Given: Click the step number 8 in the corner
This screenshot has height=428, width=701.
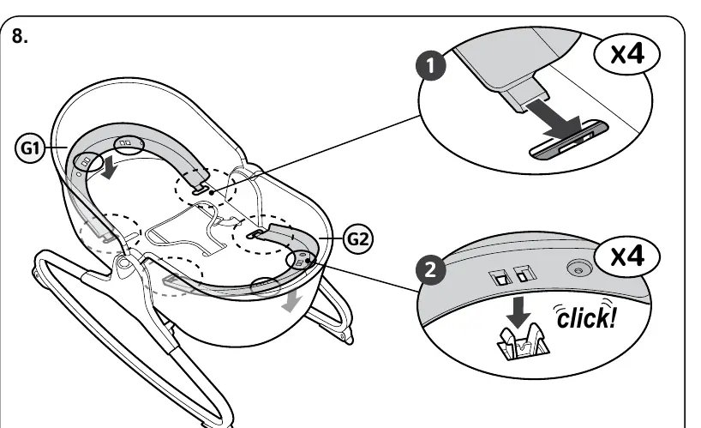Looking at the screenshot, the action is coord(19,36).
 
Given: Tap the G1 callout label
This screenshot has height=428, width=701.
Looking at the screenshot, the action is coord(30,148).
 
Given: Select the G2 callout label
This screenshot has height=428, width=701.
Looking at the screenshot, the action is coord(358,239).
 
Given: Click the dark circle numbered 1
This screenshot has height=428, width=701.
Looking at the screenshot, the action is coord(431,66).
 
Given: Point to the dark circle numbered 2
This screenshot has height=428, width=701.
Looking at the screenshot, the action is coord(430,269).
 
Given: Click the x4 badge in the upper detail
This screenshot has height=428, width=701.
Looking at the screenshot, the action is coord(626,54).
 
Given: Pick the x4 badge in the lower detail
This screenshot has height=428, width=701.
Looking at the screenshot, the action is coord(626,256).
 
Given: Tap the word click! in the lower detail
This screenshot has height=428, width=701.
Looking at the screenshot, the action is coord(586,316).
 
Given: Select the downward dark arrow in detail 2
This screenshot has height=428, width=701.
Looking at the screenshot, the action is coord(518,311).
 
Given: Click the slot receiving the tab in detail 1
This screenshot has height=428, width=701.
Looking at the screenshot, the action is coord(570,140).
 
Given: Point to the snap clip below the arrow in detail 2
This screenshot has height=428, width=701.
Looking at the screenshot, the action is coord(523,343).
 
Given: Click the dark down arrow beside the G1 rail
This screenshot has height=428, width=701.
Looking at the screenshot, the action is coord(109,167).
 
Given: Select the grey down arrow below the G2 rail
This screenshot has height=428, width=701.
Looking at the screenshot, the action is coord(292,302).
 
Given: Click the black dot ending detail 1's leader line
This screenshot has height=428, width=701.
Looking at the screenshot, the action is coord(212,192).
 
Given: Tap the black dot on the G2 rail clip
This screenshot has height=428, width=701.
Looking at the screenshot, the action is coord(307,260).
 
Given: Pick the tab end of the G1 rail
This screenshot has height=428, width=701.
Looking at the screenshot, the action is coord(200,189).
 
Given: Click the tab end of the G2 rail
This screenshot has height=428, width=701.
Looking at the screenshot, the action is coord(255,233).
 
